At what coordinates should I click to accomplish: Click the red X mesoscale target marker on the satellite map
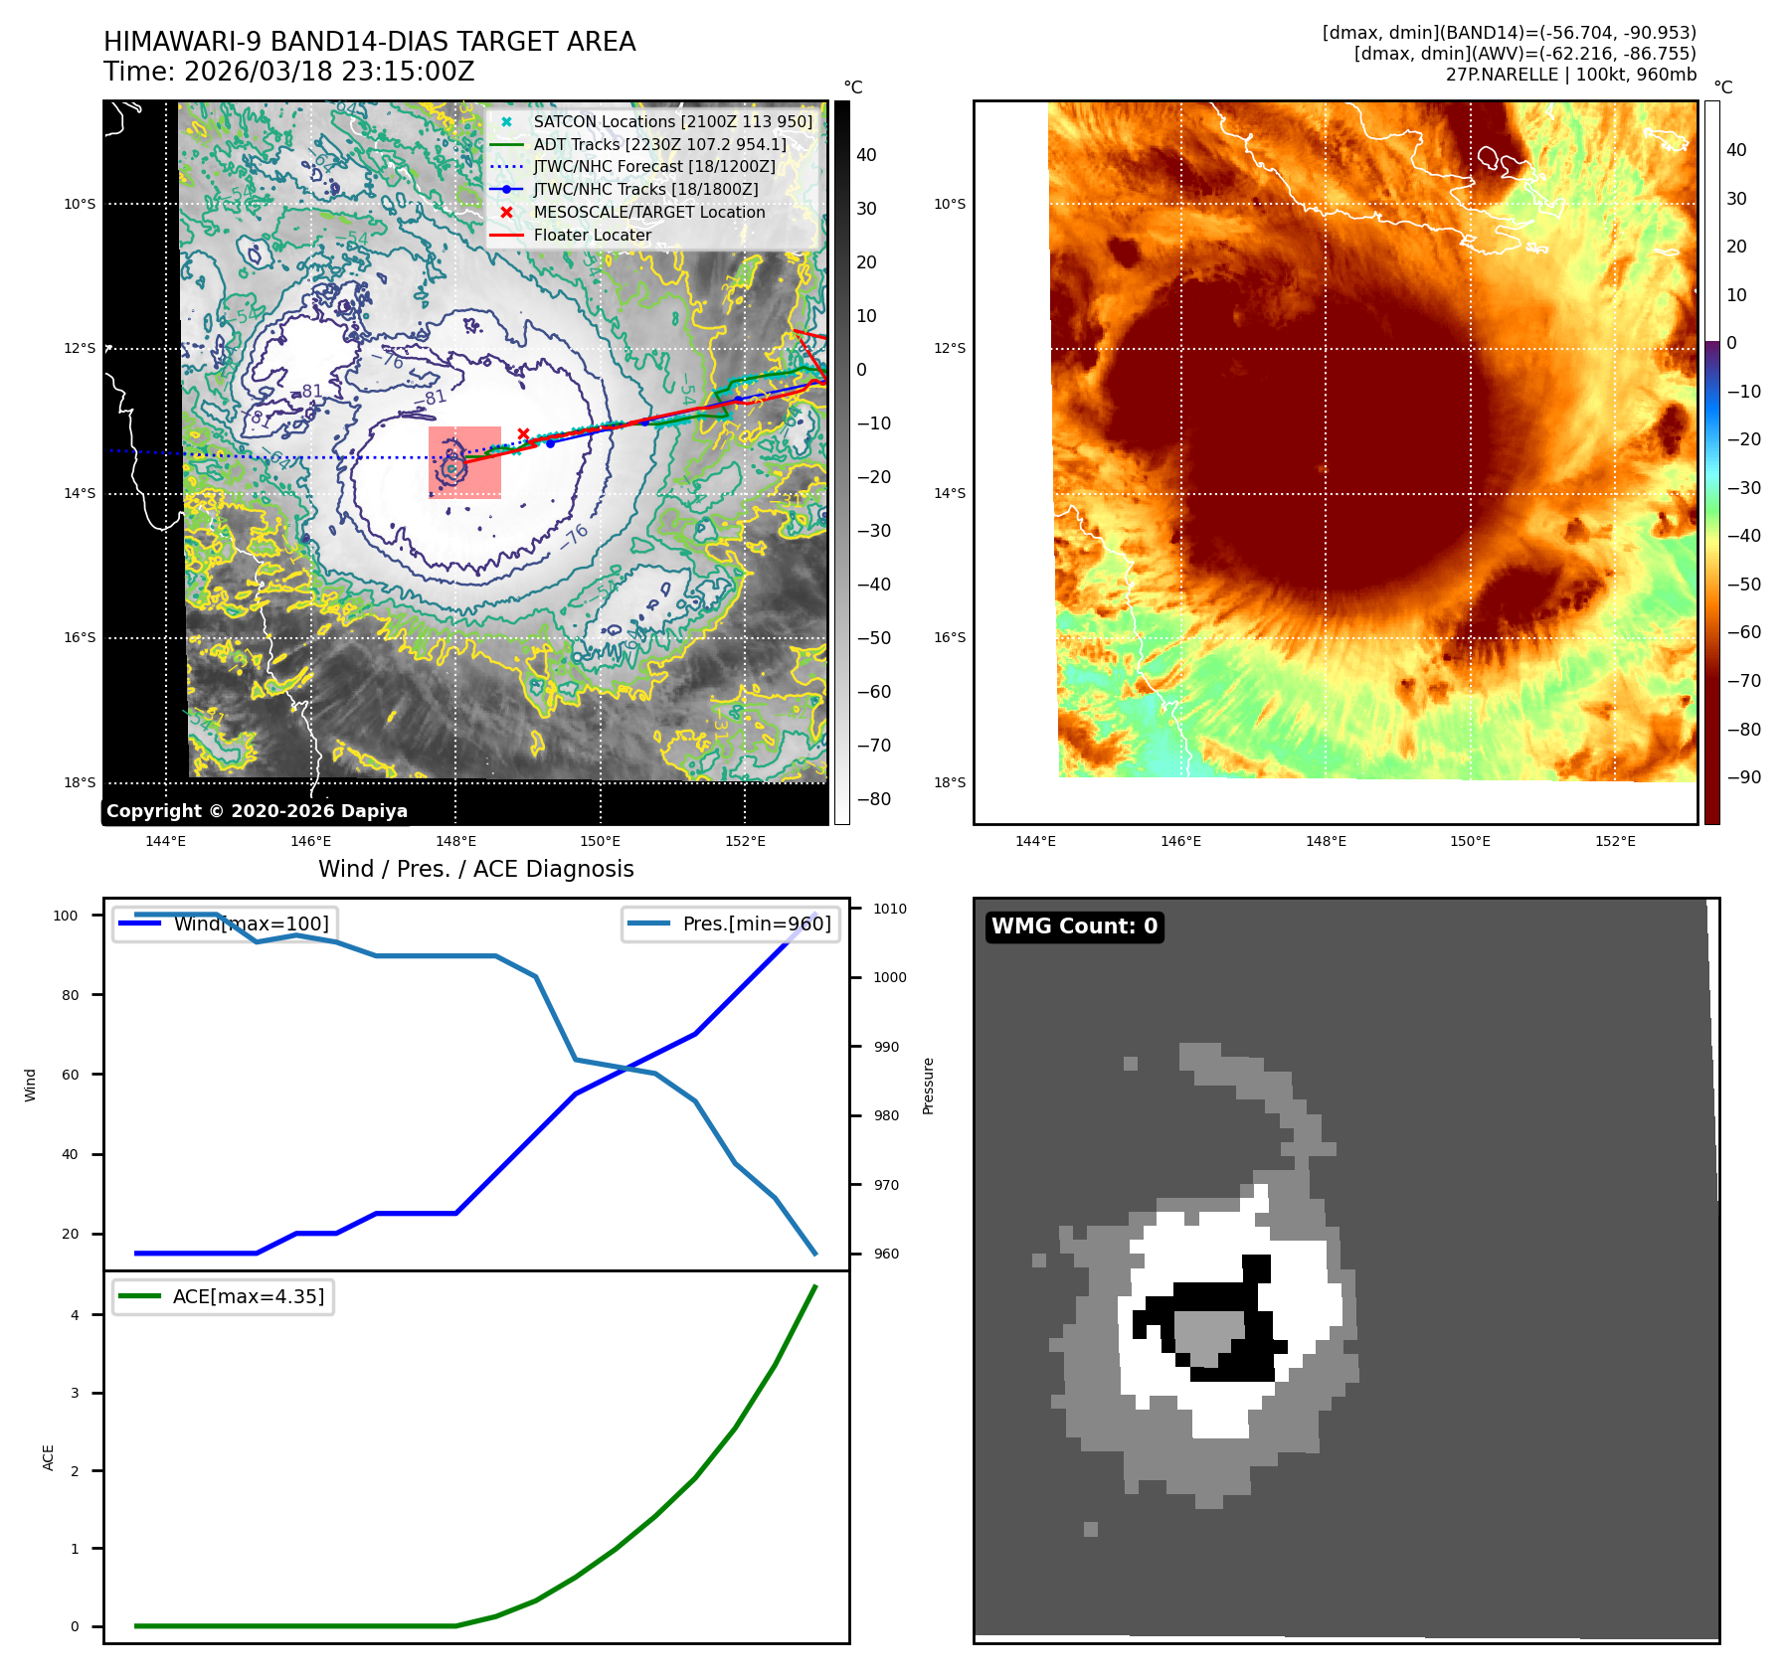click(x=523, y=434)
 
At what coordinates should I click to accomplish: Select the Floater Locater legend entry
click(x=592, y=235)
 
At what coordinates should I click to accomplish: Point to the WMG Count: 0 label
click(x=1074, y=926)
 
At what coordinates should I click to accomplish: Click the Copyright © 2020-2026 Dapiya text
click(x=257, y=811)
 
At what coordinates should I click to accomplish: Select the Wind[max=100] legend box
click(x=224, y=924)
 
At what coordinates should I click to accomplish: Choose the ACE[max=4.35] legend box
click(x=224, y=1296)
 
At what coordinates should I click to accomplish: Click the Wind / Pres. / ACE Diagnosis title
click(x=475, y=869)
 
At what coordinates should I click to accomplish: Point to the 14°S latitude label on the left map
click(x=80, y=493)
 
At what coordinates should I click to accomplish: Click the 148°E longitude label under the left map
click(x=455, y=841)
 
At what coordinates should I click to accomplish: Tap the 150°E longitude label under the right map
click(x=1470, y=841)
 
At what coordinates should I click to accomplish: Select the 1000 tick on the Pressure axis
click(x=889, y=977)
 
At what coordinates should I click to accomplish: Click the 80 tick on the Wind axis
click(x=70, y=995)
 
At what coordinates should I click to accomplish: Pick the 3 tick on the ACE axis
click(x=75, y=1393)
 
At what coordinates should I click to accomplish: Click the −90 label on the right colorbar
click(x=1743, y=777)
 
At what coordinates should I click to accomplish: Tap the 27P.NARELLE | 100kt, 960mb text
click(x=1570, y=75)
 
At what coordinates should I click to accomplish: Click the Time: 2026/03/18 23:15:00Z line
click(x=288, y=73)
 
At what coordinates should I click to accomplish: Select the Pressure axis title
click(x=928, y=1086)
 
